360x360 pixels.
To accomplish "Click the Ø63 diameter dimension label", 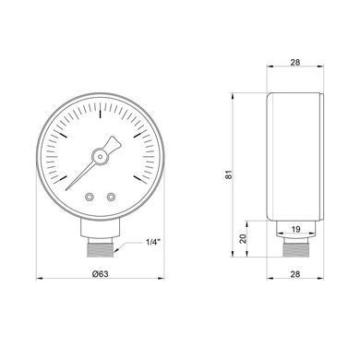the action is click(x=101, y=273).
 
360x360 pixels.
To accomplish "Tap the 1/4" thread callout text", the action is click(x=152, y=242).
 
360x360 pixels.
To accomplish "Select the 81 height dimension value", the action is click(x=229, y=174).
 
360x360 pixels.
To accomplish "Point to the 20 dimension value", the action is click(x=244, y=238).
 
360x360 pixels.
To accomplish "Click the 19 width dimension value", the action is click(x=295, y=229).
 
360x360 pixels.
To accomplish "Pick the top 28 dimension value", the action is click(x=295, y=62).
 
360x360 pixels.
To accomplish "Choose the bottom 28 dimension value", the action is click(x=295, y=274).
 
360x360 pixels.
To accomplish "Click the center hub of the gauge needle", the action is click(x=101, y=157).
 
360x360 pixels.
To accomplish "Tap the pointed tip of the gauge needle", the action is click(x=66, y=189).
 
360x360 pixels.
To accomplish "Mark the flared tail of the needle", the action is click(x=114, y=143).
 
